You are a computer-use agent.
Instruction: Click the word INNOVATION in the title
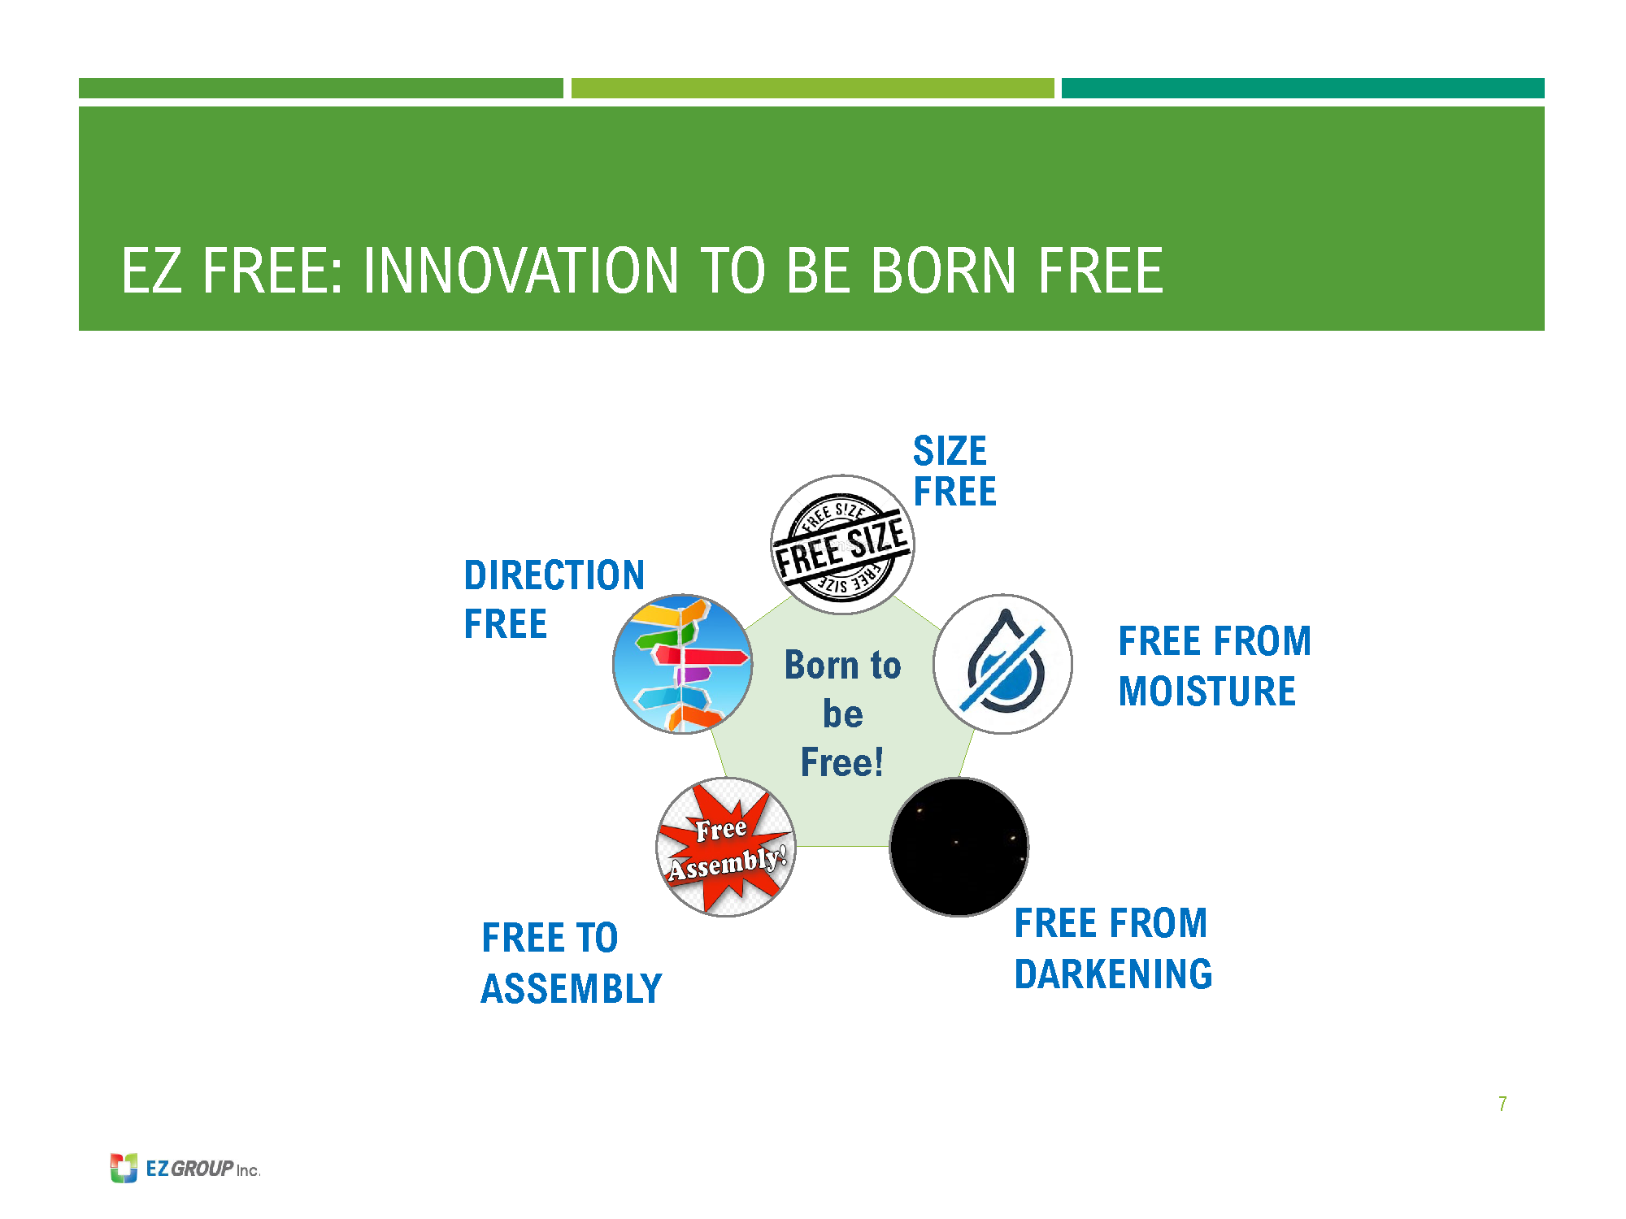(520, 271)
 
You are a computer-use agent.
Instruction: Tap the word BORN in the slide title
(943, 271)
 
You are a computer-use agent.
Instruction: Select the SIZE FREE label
(954, 471)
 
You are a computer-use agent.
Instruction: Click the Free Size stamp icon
(842, 544)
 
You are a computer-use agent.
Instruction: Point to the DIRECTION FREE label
(554, 600)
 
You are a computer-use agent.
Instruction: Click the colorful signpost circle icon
(683, 664)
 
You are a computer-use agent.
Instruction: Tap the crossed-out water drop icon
(1002, 664)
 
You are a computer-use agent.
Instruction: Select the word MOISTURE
(1207, 692)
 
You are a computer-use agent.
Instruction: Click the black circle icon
(959, 847)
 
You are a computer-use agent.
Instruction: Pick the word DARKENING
(1114, 974)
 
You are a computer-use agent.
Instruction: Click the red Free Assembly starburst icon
(726, 847)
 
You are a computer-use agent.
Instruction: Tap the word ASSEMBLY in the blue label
(572, 989)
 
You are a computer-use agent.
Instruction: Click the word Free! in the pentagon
(842, 762)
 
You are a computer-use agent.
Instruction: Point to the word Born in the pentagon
(821, 665)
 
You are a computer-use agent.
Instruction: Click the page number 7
(1502, 1104)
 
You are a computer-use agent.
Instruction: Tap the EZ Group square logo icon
(124, 1168)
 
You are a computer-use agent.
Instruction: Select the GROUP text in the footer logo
(202, 1169)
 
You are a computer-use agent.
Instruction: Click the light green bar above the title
(813, 88)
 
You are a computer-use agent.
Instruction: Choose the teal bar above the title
(1303, 88)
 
